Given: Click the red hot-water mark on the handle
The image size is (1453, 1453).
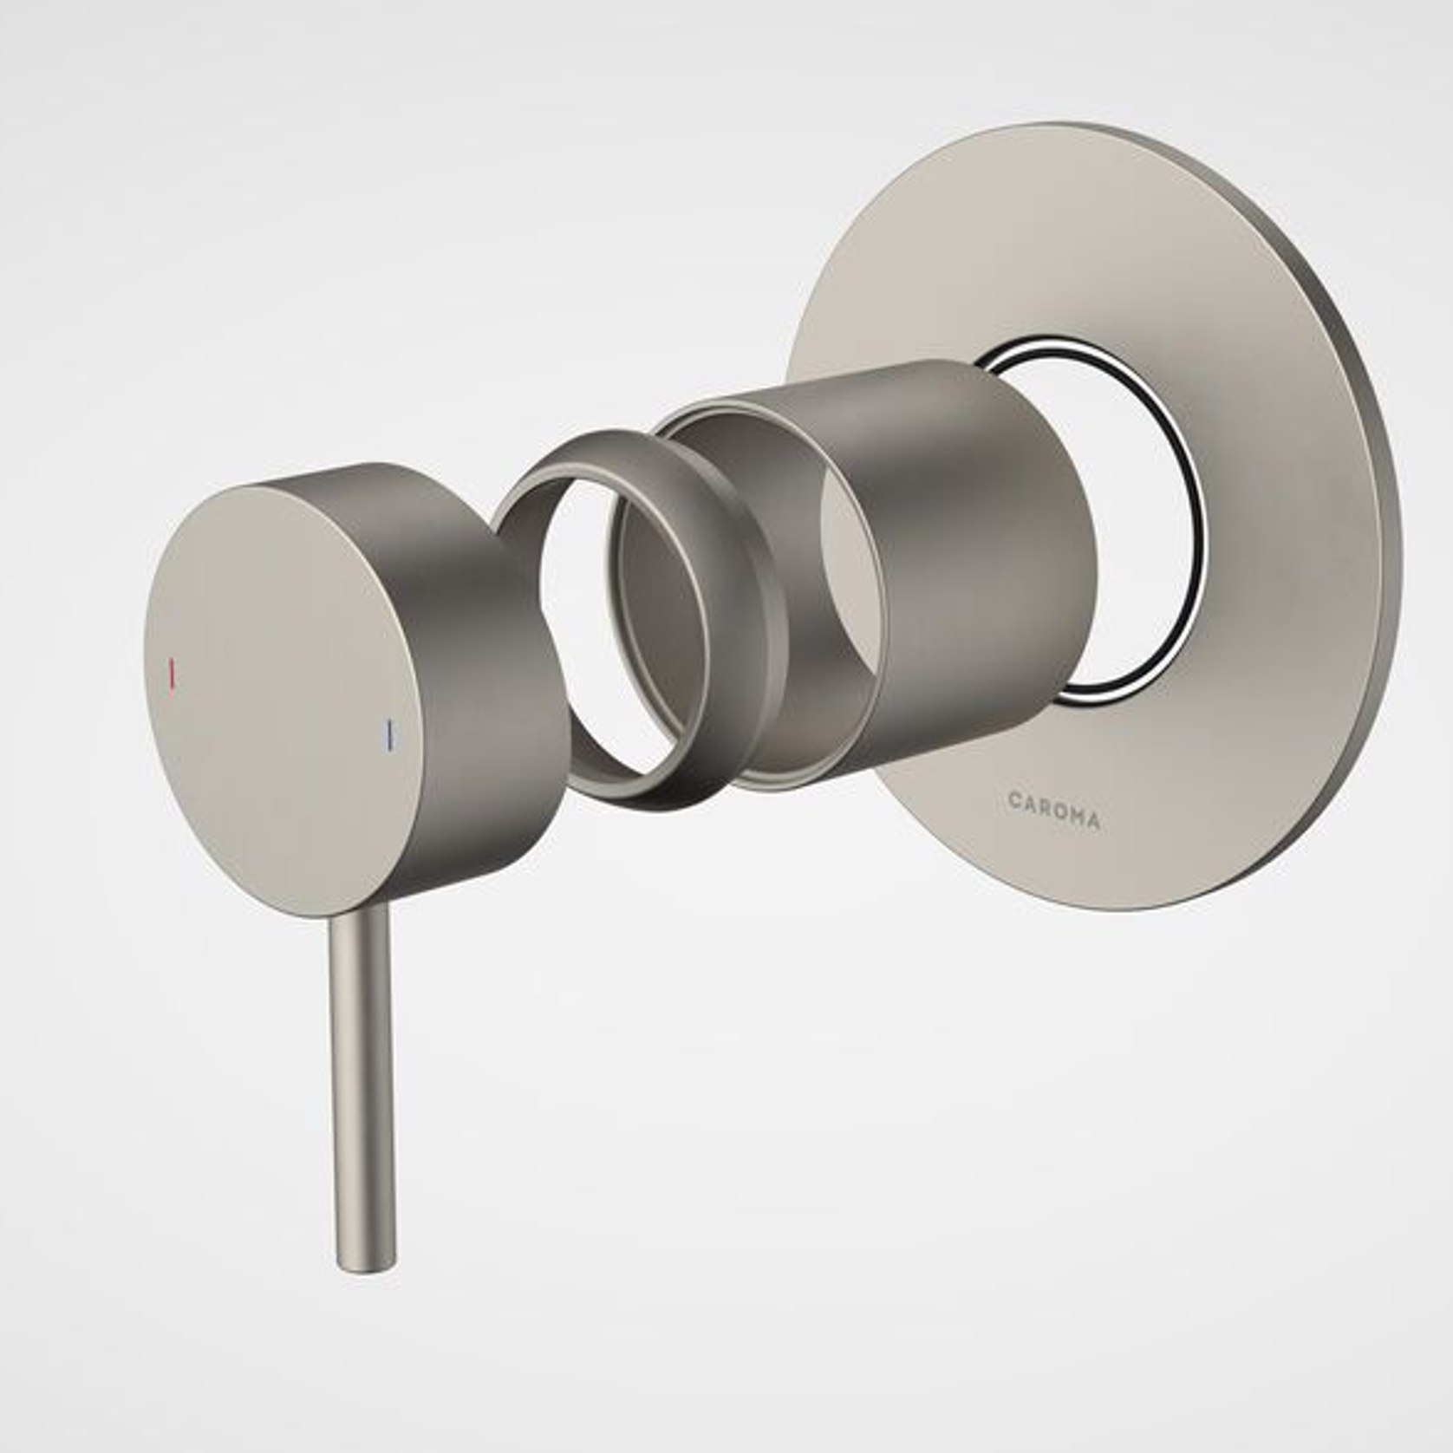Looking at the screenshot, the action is (x=173, y=674).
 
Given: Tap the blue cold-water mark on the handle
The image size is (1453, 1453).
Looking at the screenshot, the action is (x=391, y=733).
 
